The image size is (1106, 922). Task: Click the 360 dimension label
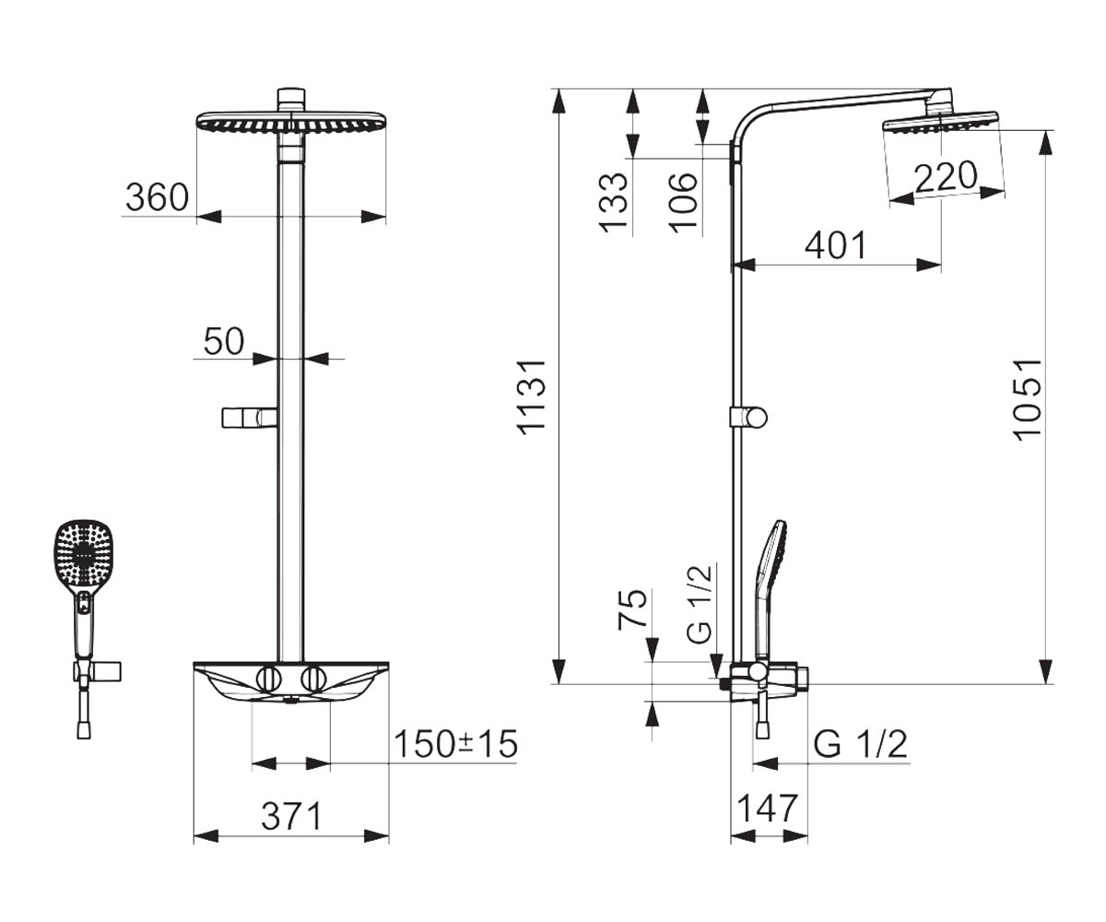click(x=157, y=197)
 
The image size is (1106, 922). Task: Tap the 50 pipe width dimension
click(x=224, y=341)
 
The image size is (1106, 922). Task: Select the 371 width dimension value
click(x=291, y=817)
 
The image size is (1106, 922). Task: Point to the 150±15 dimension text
click(x=455, y=744)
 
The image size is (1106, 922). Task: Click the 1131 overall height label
click(x=532, y=397)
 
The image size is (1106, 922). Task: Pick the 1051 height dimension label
click(x=1028, y=400)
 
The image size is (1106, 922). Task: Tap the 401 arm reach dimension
click(x=835, y=245)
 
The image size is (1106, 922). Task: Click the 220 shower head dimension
click(x=946, y=176)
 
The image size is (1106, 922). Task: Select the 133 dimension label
click(x=614, y=203)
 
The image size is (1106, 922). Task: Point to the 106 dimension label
click(x=683, y=203)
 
